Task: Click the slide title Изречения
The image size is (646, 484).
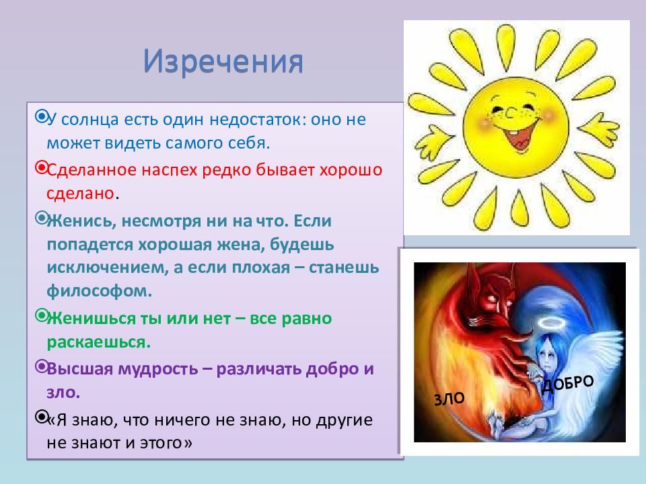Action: click(x=223, y=62)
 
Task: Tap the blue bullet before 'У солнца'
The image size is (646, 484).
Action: click(x=41, y=116)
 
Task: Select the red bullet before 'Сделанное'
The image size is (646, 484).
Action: click(x=41, y=167)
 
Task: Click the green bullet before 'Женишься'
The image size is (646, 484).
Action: click(x=41, y=316)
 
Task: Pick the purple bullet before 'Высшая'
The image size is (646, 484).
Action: click(x=41, y=366)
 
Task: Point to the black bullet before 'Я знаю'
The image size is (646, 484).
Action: click(x=41, y=417)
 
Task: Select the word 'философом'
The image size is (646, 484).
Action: click(x=100, y=291)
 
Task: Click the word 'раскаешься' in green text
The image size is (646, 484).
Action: click(x=98, y=342)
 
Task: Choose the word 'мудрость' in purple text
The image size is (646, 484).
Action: click(x=157, y=369)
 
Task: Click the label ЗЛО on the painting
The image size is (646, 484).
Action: click(x=450, y=399)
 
